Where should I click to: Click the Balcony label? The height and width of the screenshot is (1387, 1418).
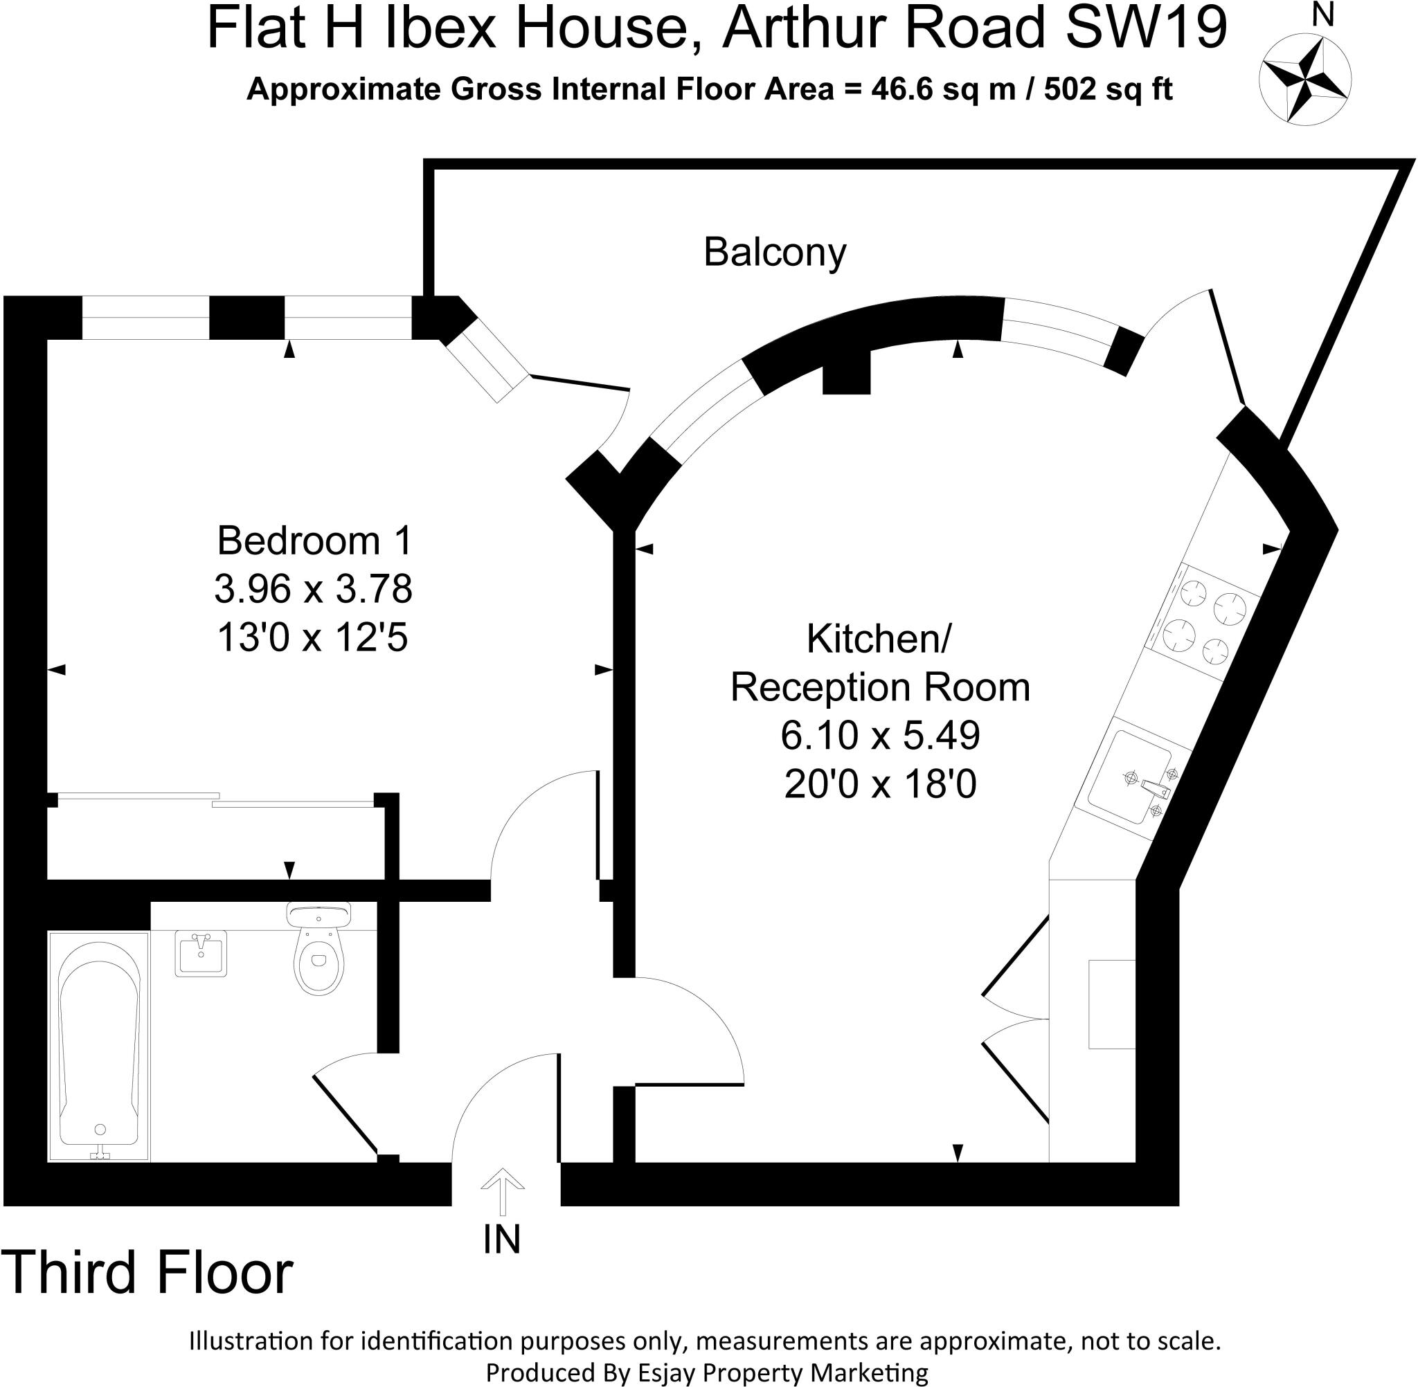tap(775, 252)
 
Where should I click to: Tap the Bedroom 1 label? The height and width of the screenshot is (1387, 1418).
tap(314, 541)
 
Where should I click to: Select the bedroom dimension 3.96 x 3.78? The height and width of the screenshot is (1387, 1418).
tap(314, 588)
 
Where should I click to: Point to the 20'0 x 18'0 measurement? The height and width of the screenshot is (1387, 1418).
tap(880, 785)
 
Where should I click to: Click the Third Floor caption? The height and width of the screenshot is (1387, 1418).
tap(148, 1291)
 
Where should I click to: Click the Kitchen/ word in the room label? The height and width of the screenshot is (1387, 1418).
tap(879, 639)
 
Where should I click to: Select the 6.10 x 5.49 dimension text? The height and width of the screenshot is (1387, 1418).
tap(880, 736)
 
